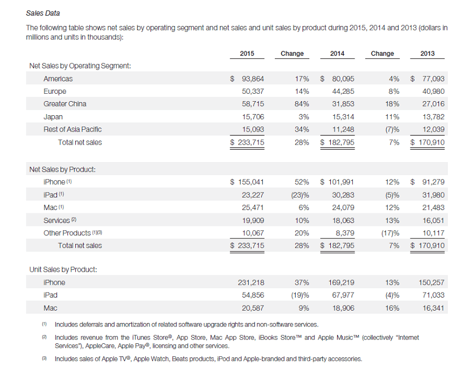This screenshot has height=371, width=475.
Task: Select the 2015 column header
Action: [x=247, y=54]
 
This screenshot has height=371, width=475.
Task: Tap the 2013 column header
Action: [x=427, y=54]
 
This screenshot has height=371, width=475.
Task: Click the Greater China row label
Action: [x=65, y=104]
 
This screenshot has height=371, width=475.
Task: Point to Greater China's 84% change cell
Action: [x=301, y=104]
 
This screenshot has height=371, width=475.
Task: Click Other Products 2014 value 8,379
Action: [x=345, y=233]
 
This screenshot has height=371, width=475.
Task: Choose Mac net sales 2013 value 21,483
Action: [x=433, y=207]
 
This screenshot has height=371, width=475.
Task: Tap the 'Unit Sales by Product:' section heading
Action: [x=63, y=269]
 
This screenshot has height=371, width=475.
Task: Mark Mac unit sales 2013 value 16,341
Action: [x=433, y=308]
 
